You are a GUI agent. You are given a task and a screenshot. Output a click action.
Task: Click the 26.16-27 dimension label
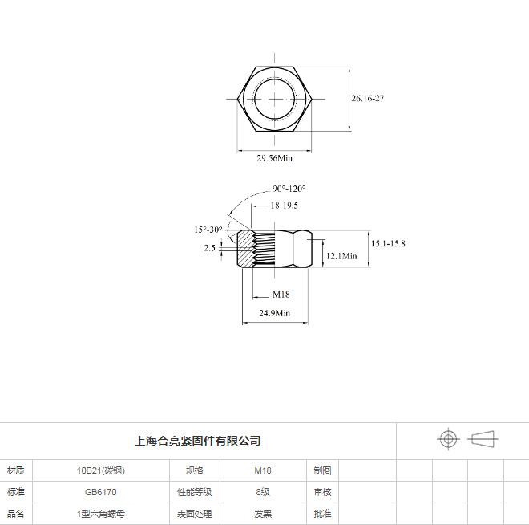[x=367, y=98]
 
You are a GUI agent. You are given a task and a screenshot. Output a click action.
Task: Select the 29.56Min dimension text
[x=275, y=158]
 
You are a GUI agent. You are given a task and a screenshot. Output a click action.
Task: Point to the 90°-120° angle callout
[x=289, y=189]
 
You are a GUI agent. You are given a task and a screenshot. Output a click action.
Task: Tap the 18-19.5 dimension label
[x=284, y=206]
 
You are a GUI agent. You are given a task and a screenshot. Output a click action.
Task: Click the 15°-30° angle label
[x=208, y=230]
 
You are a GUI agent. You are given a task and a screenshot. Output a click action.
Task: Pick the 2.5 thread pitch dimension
[x=209, y=248]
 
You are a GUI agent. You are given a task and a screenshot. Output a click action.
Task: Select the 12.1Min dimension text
[x=341, y=256]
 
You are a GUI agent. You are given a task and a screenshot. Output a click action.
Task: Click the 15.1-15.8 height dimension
[x=388, y=243]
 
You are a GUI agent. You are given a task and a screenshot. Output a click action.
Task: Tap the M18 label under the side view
[x=281, y=295]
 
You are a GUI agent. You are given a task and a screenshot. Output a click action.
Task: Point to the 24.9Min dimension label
[x=275, y=313]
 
